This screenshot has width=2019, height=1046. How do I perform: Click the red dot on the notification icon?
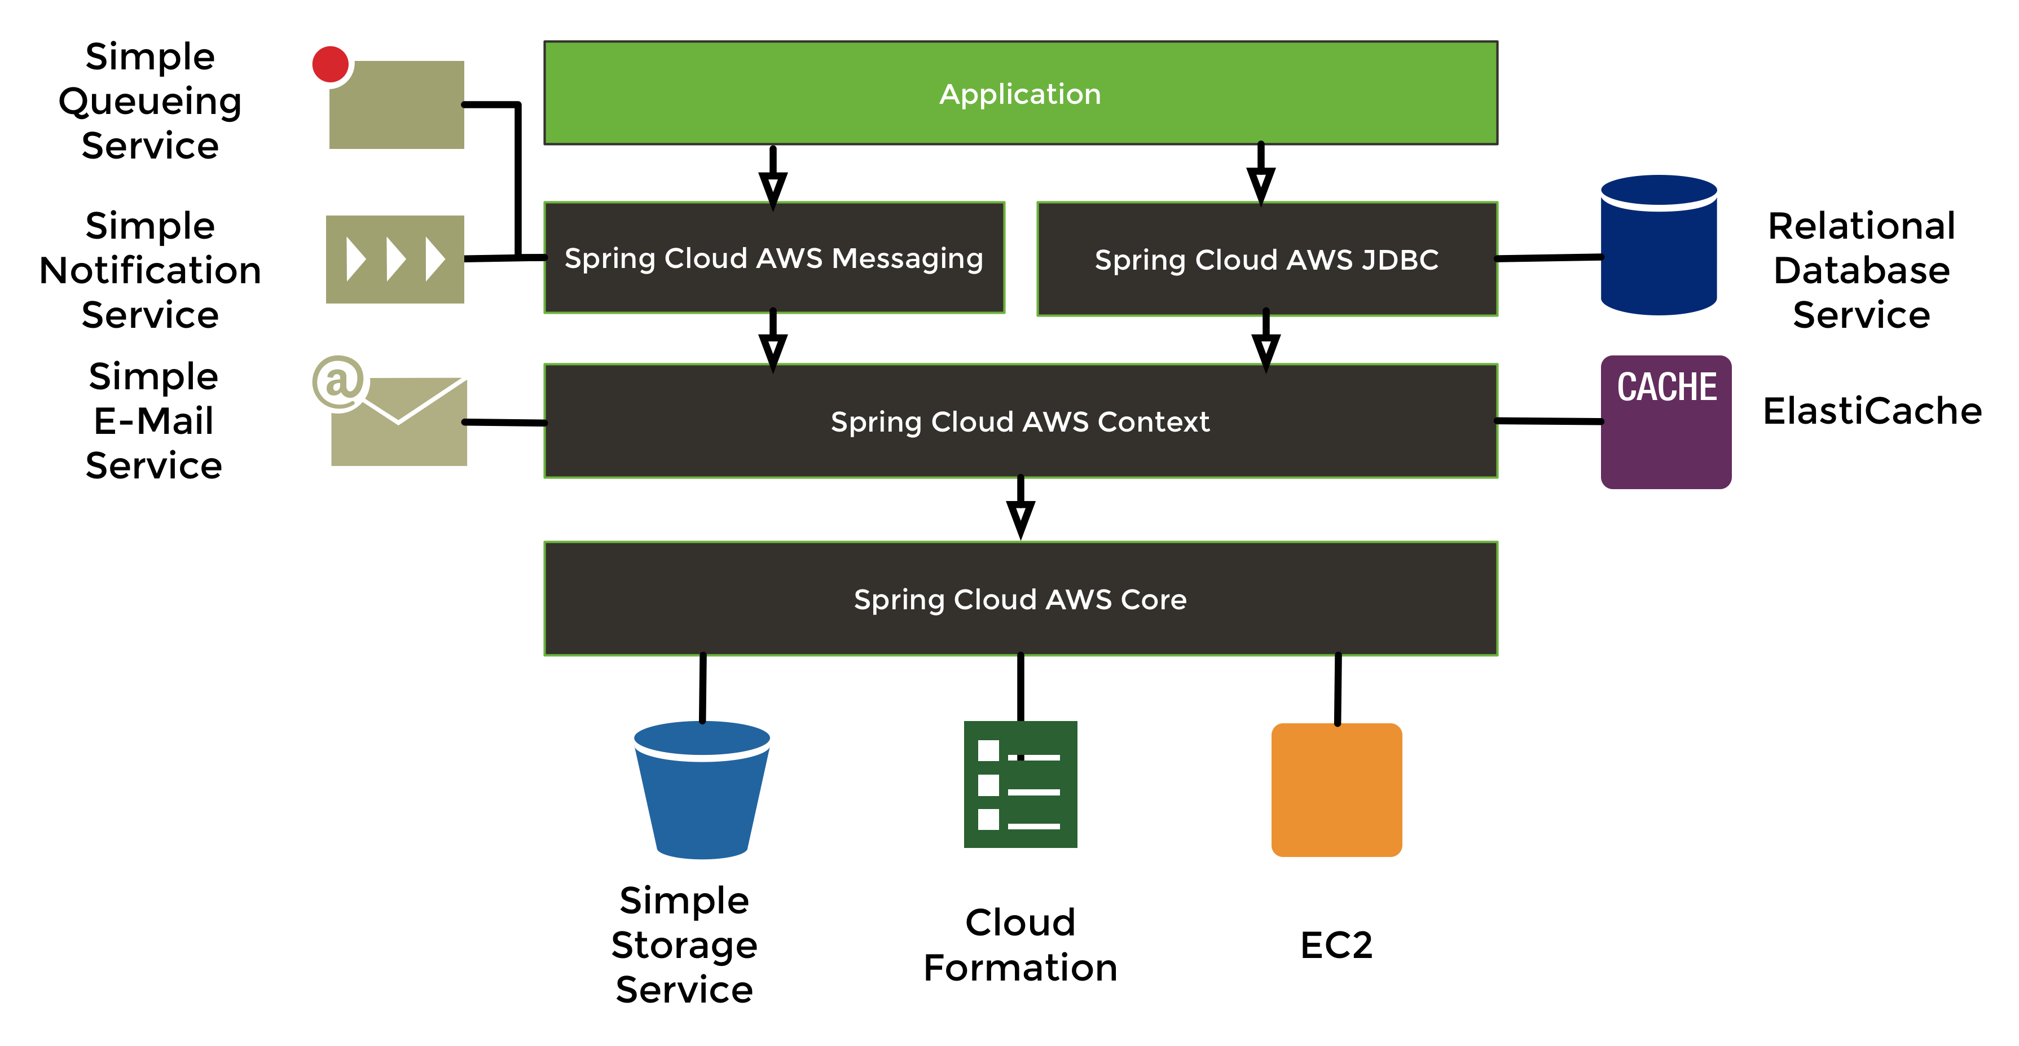click(330, 64)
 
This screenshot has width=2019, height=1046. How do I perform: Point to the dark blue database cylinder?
click(1659, 251)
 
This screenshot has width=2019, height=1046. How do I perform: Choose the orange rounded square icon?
click(1336, 790)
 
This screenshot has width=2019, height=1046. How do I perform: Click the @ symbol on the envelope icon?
click(338, 382)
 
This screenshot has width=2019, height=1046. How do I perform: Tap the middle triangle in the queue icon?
click(396, 260)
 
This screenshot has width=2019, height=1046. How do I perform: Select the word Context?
click(1153, 422)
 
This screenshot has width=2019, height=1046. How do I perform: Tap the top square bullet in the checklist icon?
click(988, 750)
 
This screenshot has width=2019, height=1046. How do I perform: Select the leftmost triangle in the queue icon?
click(356, 260)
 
